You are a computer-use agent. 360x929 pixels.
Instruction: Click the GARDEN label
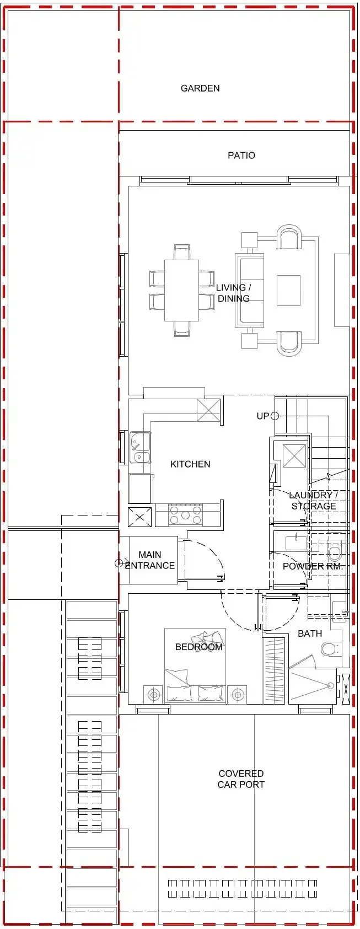coord(200,88)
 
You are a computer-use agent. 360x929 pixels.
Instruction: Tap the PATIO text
coord(241,155)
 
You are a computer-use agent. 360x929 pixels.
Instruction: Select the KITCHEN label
coord(190,464)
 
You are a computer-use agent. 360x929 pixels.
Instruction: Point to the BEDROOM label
coord(198,647)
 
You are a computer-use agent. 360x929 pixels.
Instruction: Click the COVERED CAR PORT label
coord(241,779)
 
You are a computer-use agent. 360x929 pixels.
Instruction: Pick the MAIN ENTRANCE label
coord(149,560)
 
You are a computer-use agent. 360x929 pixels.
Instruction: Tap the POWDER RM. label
coord(313,566)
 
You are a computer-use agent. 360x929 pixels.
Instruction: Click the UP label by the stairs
coord(262,416)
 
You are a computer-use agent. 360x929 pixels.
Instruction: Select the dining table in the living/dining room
coord(181,290)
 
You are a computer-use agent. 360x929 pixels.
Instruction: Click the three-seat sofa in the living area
coord(249,290)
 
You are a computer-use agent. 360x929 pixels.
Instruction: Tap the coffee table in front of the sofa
coord(288,290)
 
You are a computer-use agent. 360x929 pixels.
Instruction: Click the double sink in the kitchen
coord(139,448)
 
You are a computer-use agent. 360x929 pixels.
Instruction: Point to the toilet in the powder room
coord(335,552)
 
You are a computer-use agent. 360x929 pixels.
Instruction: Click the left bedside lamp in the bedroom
coord(154,695)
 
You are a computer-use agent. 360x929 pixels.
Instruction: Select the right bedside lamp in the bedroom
coord(238,695)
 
